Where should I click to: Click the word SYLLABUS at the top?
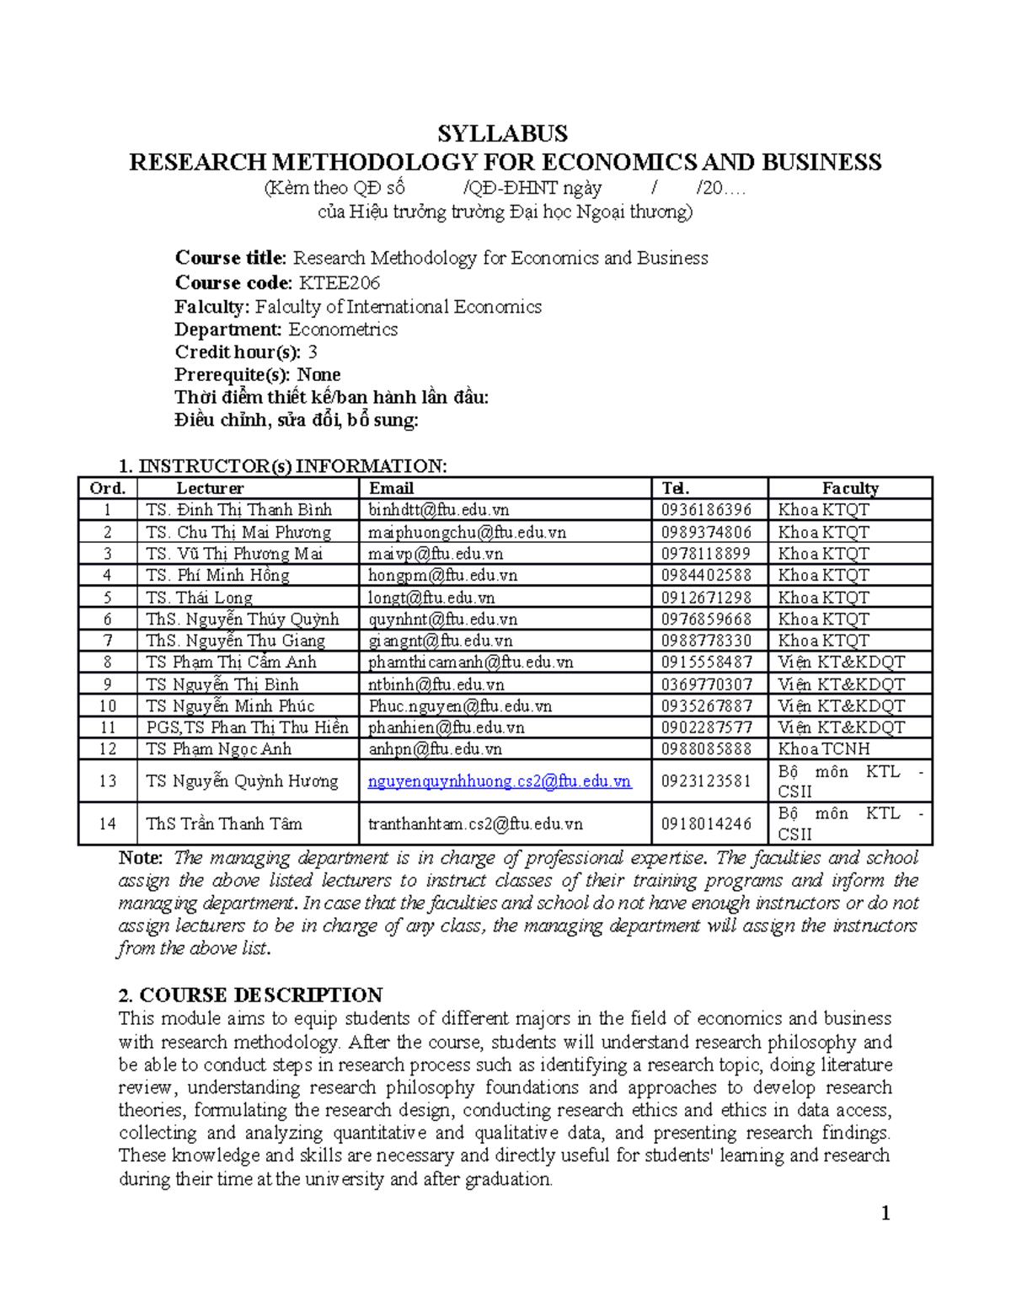click(x=502, y=134)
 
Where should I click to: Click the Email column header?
click(x=391, y=488)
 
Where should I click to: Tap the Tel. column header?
click(x=675, y=488)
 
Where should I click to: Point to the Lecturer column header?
click(x=210, y=488)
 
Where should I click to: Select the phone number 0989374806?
click(x=706, y=532)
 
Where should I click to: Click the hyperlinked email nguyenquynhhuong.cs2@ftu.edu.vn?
click(x=500, y=781)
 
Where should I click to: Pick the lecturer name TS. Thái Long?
click(x=199, y=598)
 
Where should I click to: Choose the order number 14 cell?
click(x=107, y=823)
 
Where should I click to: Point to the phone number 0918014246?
click(x=706, y=823)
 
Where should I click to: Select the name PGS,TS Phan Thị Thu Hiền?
click(x=247, y=727)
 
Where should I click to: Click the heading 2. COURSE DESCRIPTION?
click(x=250, y=995)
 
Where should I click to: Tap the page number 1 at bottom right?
click(x=885, y=1214)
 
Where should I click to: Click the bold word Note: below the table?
click(x=141, y=858)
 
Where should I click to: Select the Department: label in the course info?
click(x=227, y=330)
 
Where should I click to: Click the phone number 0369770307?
click(x=706, y=684)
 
